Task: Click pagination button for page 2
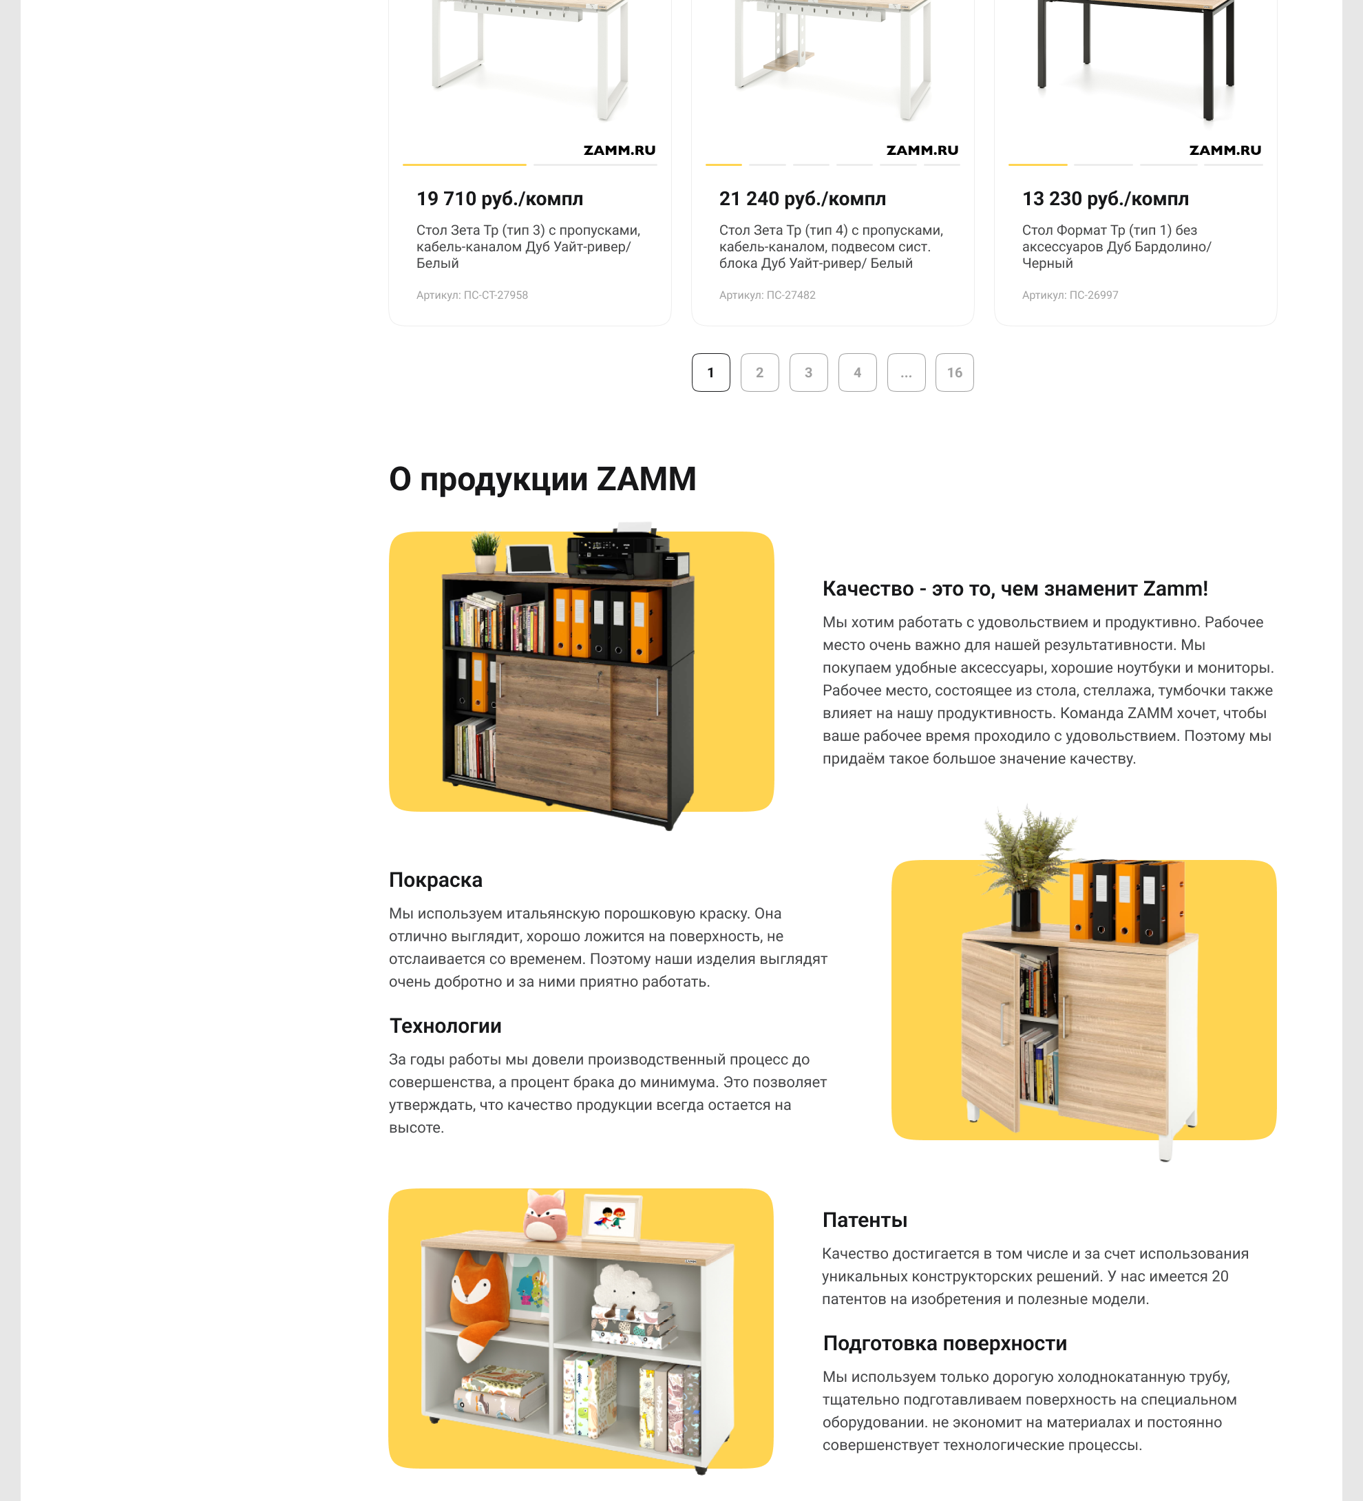tap(759, 372)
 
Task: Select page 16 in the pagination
tap(954, 372)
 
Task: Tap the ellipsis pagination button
tap(906, 372)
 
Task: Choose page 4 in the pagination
tap(857, 372)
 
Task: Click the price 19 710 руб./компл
tap(500, 199)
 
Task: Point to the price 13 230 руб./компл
tap(1106, 199)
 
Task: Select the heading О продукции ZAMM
tap(542, 479)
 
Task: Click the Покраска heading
tap(436, 880)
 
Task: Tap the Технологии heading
tap(445, 1026)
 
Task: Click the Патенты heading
tap(864, 1220)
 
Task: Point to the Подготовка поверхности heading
tap(944, 1343)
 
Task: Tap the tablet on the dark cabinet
tap(531, 558)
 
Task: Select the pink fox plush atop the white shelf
tap(546, 1215)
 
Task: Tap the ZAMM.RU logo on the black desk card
tap(1225, 150)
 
